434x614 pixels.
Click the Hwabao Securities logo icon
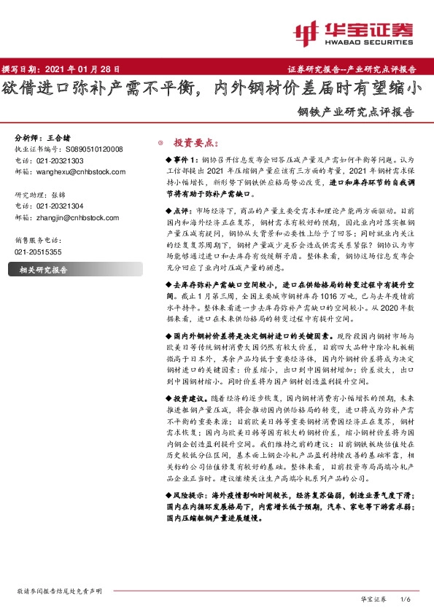[x=306, y=32]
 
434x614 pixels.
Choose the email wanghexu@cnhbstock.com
[x=80, y=171]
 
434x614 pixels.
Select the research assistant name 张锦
[x=61, y=195]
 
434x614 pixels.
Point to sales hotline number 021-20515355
[x=39, y=251]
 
